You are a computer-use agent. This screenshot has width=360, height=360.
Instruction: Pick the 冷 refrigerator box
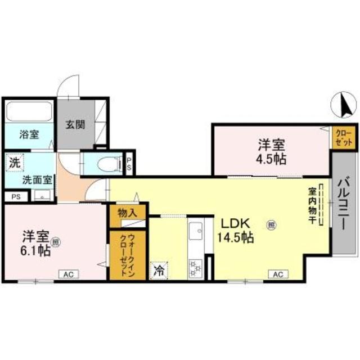click(159, 271)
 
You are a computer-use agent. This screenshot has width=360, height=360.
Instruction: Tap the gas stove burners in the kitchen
click(196, 266)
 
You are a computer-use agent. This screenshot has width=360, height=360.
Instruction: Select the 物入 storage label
click(127, 213)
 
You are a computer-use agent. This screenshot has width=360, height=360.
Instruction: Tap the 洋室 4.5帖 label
click(272, 151)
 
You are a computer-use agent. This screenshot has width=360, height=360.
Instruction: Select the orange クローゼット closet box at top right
click(343, 137)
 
